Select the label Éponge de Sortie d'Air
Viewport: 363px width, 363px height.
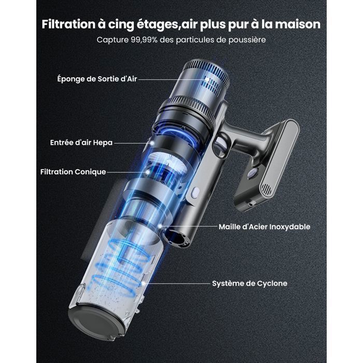click(97, 79)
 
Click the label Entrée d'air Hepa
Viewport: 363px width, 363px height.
click(81, 142)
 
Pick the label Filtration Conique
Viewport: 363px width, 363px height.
click(73, 172)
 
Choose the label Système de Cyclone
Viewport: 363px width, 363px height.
click(249, 284)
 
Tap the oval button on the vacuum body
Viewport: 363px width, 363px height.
click(196, 193)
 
